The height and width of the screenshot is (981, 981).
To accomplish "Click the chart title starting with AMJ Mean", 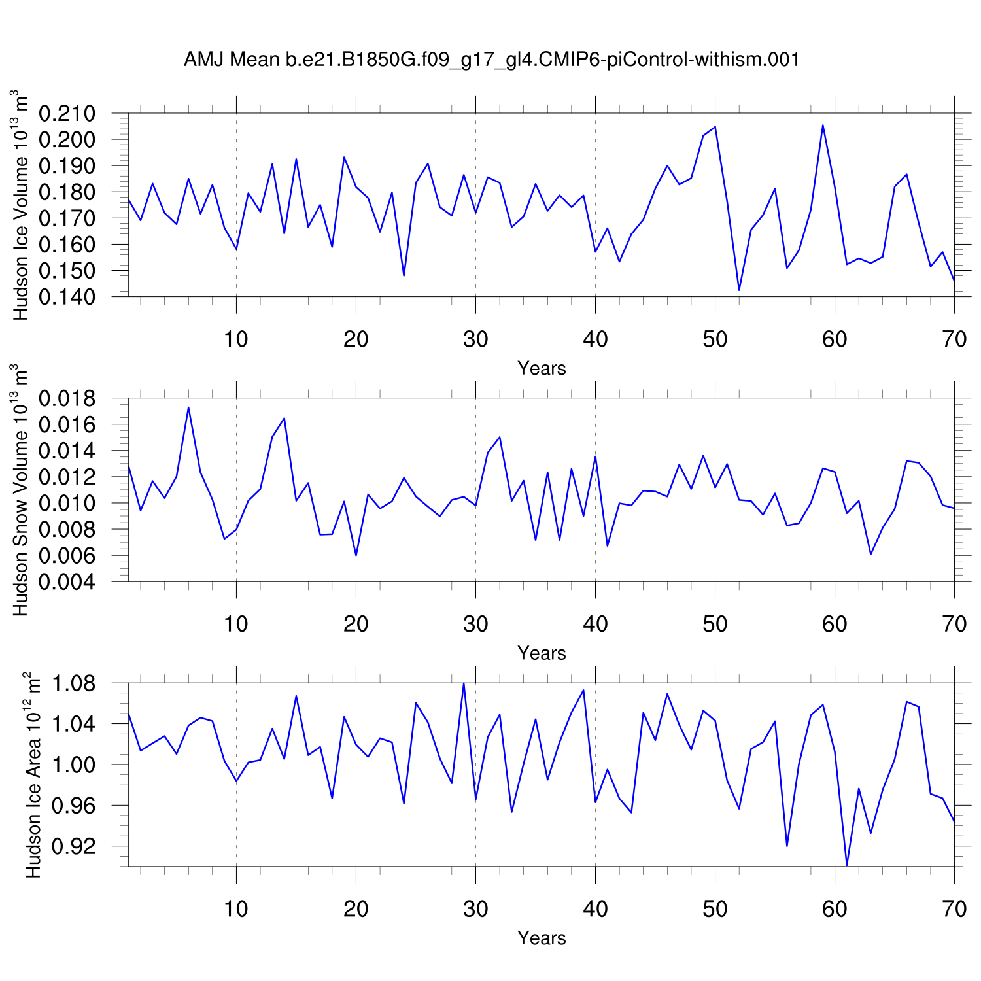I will click(x=491, y=60).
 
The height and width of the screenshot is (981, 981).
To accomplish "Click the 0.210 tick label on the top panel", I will click(x=67, y=114).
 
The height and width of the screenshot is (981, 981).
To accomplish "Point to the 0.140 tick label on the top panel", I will click(x=67, y=297).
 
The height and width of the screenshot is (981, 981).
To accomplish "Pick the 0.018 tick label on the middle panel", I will click(x=67, y=398).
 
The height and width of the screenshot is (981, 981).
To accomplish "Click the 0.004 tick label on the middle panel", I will click(x=67, y=582).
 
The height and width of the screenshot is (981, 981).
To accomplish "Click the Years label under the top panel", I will click(x=542, y=368).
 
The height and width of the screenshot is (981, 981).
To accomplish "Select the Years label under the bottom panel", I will click(x=542, y=938).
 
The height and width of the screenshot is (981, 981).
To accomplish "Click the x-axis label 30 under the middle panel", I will click(x=475, y=624).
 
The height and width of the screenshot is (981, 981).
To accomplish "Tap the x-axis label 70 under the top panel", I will click(x=954, y=339).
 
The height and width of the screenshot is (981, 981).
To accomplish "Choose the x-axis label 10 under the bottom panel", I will click(x=236, y=909).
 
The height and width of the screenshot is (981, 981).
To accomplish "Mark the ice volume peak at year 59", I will click(x=823, y=125).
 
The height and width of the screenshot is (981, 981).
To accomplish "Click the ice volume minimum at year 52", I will click(x=739, y=290).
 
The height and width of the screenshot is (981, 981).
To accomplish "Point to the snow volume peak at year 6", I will click(x=188, y=407).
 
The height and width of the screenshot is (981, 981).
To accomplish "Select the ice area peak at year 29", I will click(x=464, y=683).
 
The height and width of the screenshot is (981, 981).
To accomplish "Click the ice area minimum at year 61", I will click(x=847, y=865).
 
